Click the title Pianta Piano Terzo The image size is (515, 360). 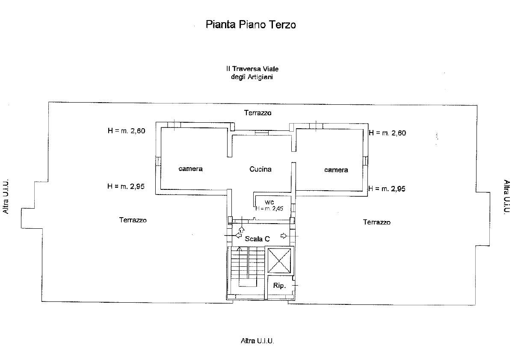(251, 24)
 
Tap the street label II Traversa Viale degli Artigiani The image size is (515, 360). (252, 73)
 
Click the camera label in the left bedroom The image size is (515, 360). (190, 169)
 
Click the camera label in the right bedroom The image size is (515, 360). (336, 170)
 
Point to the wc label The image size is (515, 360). (269, 202)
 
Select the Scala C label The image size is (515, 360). (257, 239)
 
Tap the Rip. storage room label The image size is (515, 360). (279, 286)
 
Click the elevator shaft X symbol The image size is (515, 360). (279, 261)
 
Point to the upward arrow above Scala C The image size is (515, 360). (242, 229)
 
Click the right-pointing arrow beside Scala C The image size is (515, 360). (284, 236)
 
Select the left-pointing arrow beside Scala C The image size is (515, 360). (239, 235)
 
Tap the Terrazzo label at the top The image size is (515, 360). (257, 113)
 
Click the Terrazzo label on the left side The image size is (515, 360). (133, 220)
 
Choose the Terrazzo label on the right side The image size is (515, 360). (376, 222)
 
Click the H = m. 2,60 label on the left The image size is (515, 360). (127, 131)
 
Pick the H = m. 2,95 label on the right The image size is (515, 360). (387, 189)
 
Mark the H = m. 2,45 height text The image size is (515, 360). (269, 208)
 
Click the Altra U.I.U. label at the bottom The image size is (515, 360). (257, 341)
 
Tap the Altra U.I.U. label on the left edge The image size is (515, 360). (6, 196)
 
